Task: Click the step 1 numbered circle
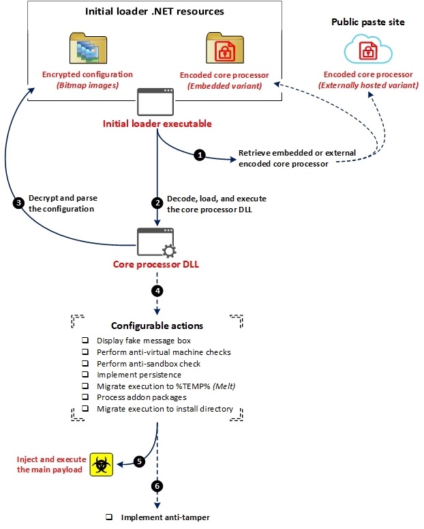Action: (199, 155)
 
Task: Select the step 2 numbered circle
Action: (157, 203)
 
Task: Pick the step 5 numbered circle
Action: (139, 461)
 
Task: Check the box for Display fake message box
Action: (85, 340)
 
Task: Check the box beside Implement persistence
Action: (85, 374)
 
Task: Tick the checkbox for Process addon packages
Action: (85, 397)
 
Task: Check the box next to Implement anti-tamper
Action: (109, 517)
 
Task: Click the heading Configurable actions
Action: (157, 325)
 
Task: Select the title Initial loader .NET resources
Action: (154, 12)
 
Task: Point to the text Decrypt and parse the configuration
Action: (63, 203)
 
